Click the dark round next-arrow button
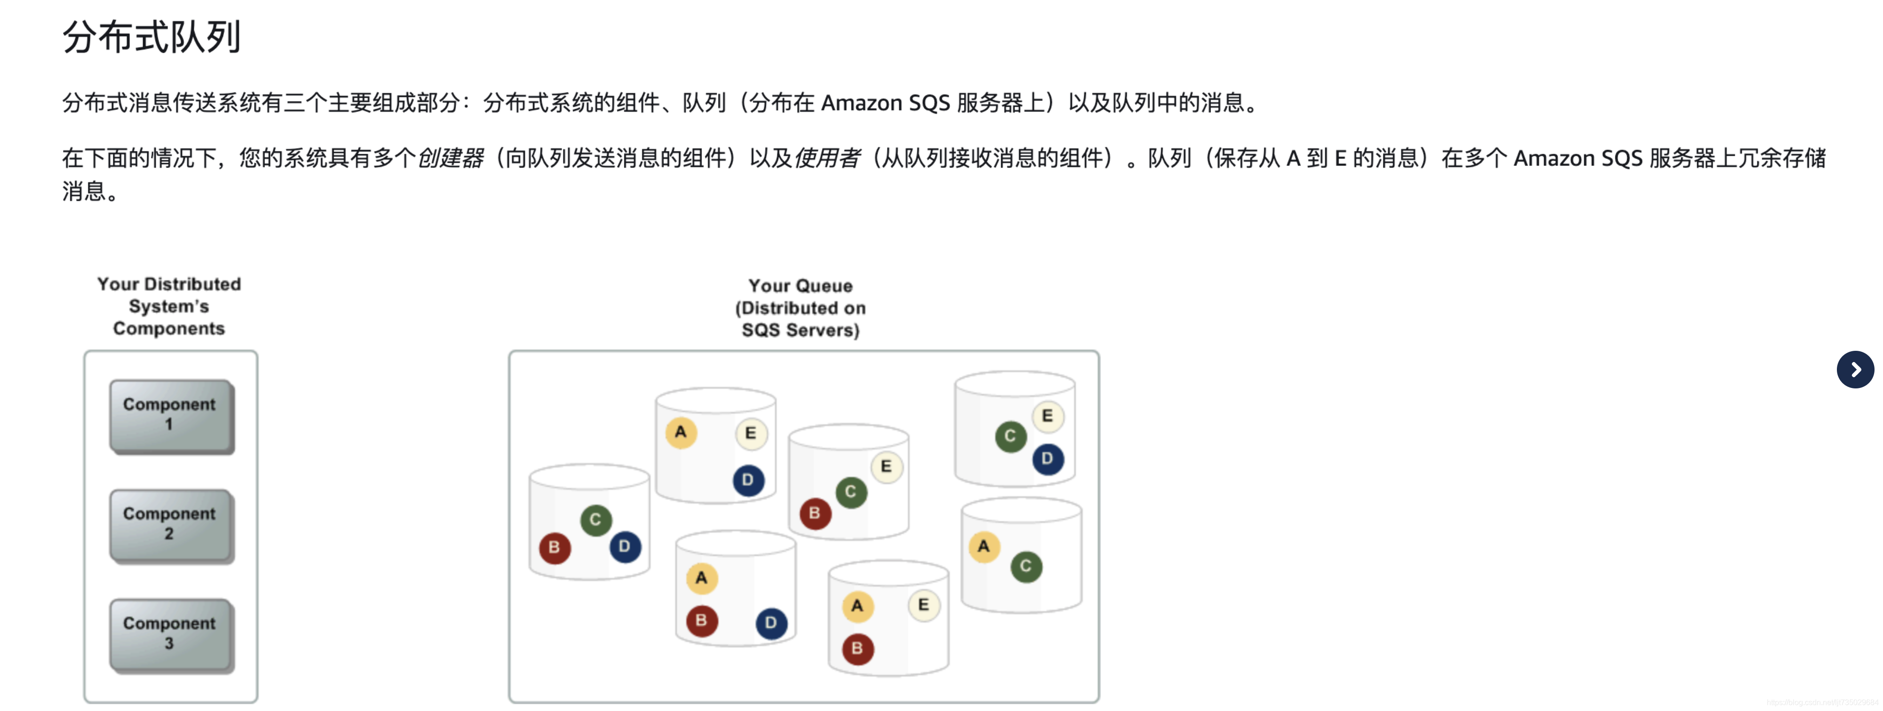(1854, 370)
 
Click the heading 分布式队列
(152, 37)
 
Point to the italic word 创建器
(449, 158)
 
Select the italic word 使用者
(826, 158)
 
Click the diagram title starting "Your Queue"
(800, 308)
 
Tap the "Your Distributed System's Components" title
(169, 306)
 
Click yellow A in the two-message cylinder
(984, 546)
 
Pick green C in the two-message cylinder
(1026, 566)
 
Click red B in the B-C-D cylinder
(554, 547)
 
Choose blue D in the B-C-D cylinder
(624, 546)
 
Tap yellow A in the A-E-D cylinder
(680, 433)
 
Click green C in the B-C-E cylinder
(850, 492)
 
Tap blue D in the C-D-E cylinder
(1047, 459)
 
